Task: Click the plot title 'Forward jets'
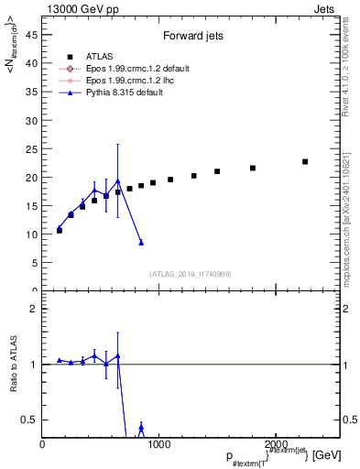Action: [x=189, y=38]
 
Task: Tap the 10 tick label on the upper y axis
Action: [x=30, y=234]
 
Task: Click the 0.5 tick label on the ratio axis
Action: [x=28, y=420]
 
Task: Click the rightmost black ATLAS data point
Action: [x=305, y=161]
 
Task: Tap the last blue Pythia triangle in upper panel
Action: [x=141, y=242]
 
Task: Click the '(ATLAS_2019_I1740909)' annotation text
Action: [x=190, y=274]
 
